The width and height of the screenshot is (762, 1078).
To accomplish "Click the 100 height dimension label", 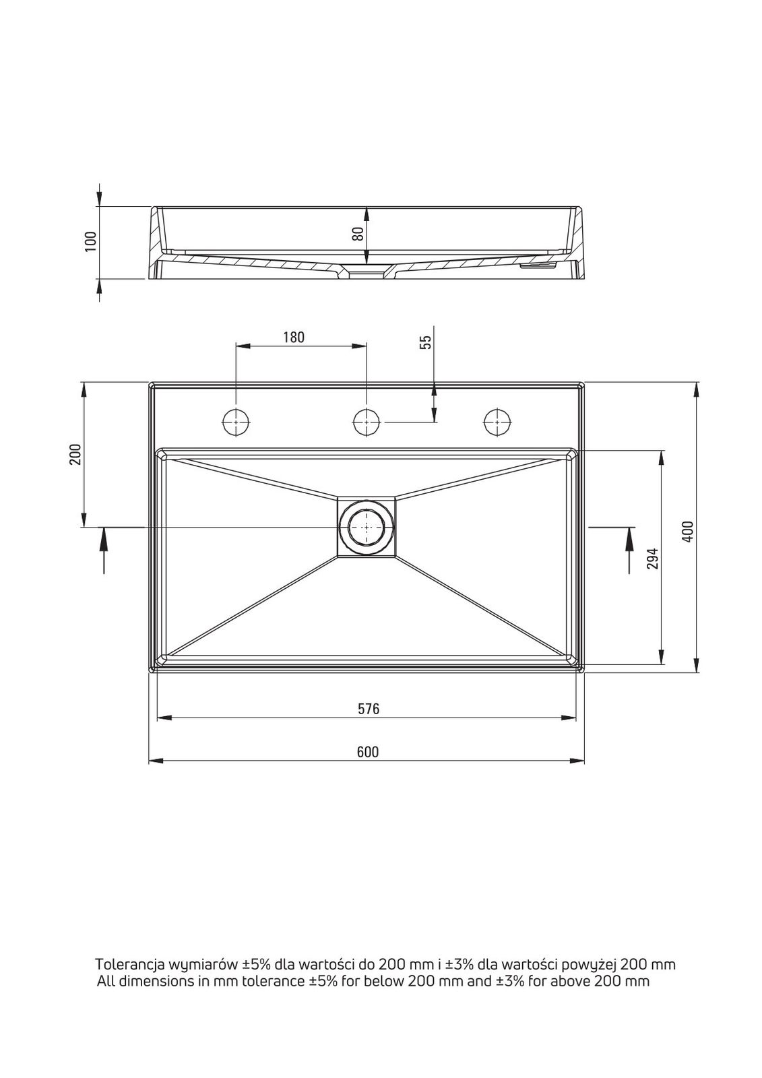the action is pyautogui.click(x=90, y=241).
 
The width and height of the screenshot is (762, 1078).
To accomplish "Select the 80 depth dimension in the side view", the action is pyautogui.click(x=358, y=234).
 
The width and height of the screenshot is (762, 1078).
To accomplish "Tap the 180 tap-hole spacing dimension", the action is pyautogui.click(x=294, y=338).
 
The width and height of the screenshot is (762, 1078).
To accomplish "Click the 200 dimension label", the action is pyautogui.click(x=75, y=454).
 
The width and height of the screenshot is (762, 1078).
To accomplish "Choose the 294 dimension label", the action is pyautogui.click(x=652, y=559).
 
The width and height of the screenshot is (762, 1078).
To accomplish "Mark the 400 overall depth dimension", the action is pyautogui.click(x=689, y=532).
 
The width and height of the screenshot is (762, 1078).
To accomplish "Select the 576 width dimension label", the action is pyautogui.click(x=369, y=709).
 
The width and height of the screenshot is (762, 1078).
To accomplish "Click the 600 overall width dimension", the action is pyautogui.click(x=369, y=752).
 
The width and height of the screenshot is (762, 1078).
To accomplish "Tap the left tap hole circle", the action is pyautogui.click(x=236, y=422).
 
